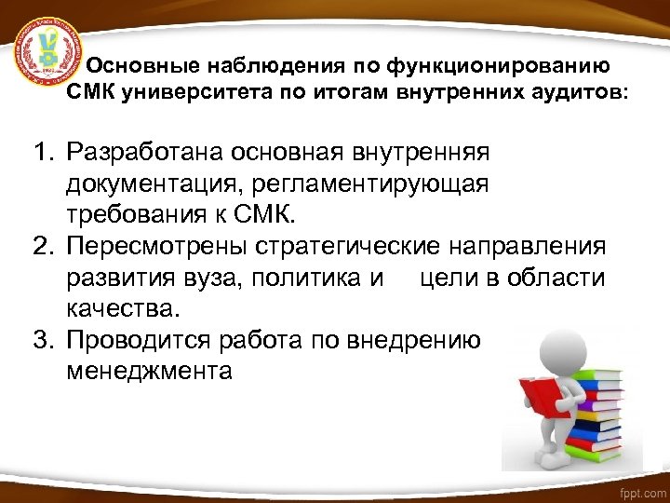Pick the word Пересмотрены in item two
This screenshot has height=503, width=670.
[x=155, y=248]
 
